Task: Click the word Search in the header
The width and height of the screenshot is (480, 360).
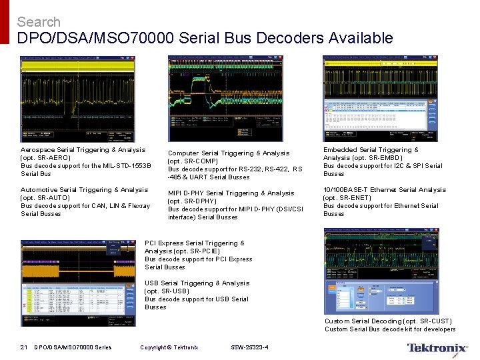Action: pyautogui.click(x=39, y=22)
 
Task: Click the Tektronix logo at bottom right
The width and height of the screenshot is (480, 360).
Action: pyautogui.click(x=437, y=348)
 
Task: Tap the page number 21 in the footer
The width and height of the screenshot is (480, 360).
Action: pyautogui.click(x=23, y=347)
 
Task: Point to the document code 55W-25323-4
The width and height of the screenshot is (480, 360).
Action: pyautogui.click(x=250, y=347)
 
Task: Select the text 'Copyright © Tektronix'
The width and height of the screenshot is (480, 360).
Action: pyautogui.click(x=169, y=347)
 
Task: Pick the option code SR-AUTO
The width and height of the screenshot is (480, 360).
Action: pyautogui.click(x=54, y=198)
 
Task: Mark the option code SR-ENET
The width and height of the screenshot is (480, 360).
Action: pyautogui.click(x=356, y=198)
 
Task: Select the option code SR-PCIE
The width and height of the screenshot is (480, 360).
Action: pyautogui.click(x=203, y=251)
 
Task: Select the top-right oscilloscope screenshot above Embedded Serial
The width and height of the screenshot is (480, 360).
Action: pyautogui.click(x=380, y=98)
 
